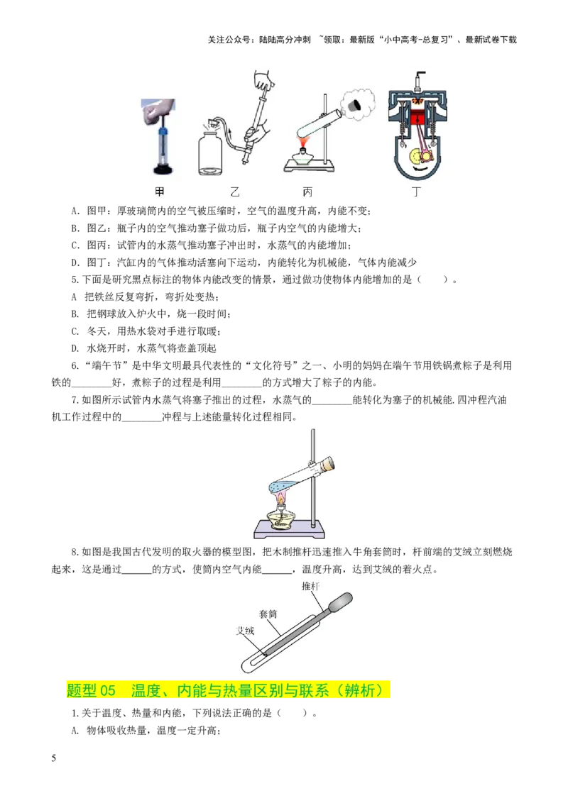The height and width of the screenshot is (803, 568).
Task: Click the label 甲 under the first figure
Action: point(160,192)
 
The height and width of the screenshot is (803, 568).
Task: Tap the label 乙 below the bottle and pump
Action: point(235,192)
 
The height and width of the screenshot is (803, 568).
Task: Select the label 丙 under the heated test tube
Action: point(307,192)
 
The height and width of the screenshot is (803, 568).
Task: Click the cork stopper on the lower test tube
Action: point(328,465)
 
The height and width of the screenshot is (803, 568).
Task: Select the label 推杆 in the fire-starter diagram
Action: point(311,587)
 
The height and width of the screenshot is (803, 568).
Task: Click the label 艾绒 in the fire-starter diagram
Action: point(245,630)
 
